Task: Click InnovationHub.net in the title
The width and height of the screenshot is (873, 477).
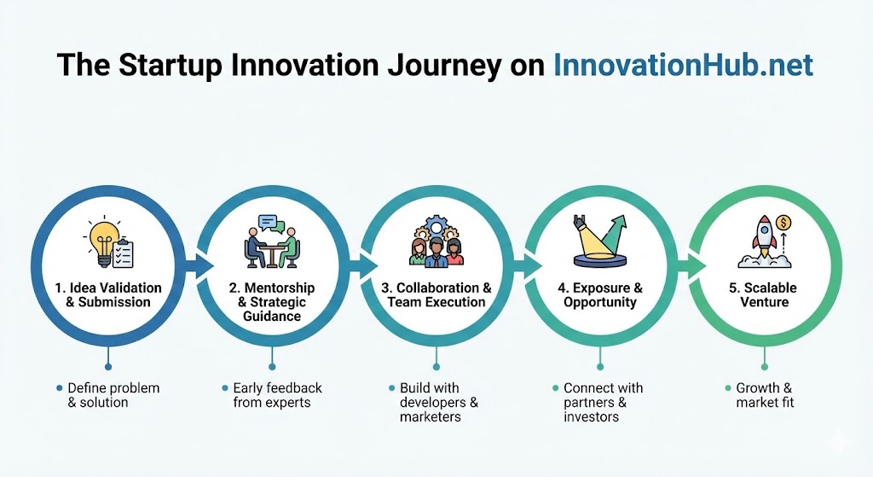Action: tap(683, 65)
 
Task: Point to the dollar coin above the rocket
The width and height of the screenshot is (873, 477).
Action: tap(784, 224)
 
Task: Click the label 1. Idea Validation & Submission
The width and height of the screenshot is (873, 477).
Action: tap(108, 295)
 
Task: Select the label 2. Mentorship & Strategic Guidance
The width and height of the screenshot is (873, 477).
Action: tap(272, 302)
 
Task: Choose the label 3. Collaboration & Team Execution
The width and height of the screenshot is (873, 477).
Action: tap(436, 295)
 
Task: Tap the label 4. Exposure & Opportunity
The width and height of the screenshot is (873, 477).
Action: tap(600, 295)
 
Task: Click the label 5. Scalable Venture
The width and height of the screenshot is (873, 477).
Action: tap(763, 295)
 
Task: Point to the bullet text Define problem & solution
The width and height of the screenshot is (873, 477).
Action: tap(113, 395)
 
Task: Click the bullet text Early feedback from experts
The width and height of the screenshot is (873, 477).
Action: tap(277, 395)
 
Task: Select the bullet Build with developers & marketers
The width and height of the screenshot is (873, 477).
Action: tap(439, 402)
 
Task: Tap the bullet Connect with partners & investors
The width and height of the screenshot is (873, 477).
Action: tap(603, 402)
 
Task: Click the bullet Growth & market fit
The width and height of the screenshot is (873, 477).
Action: tap(765, 395)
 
